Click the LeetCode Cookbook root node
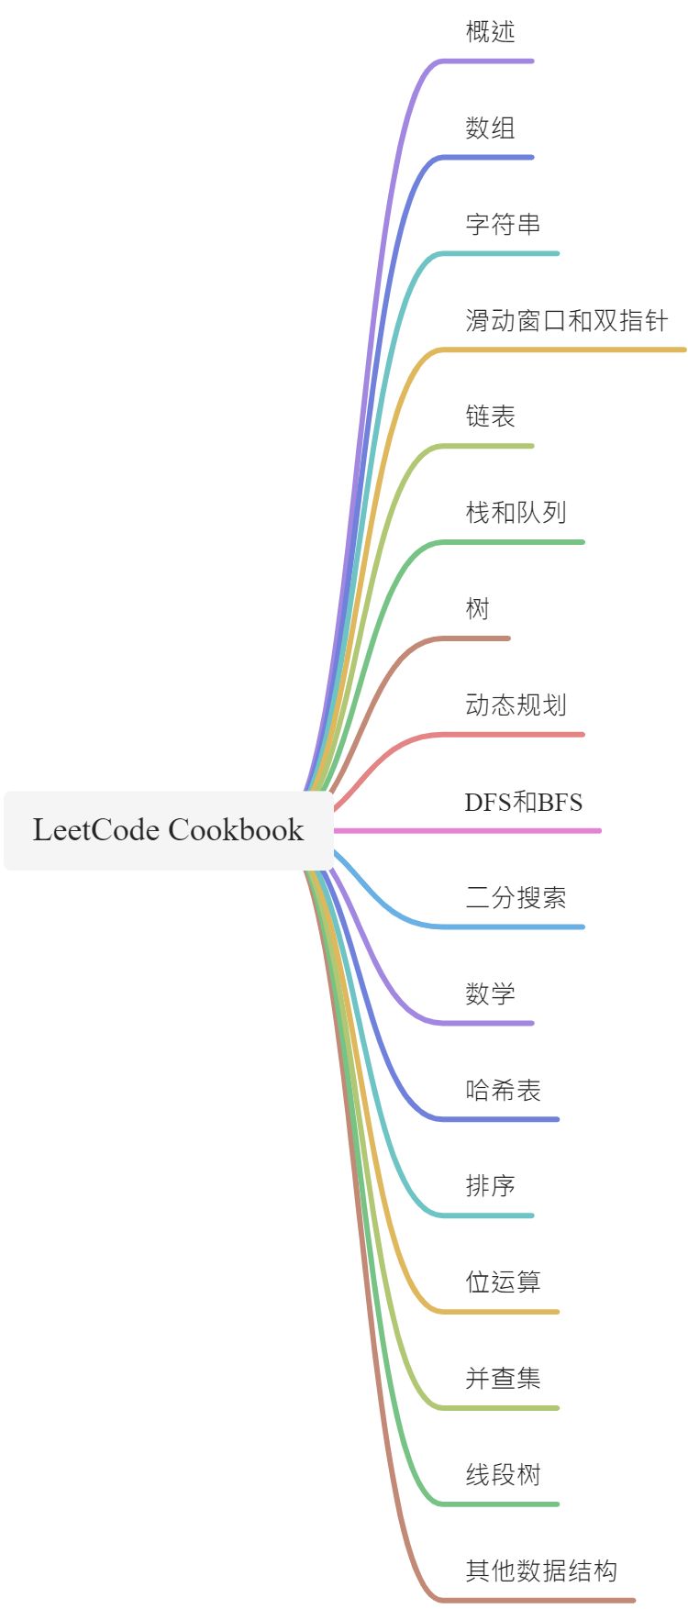coord(168,830)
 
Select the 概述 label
coord(490,32)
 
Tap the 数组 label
coord(490,128)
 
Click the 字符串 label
coord(503,225)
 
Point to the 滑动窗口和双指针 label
coord(566,321)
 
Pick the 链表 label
coord(490,416)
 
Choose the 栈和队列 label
coord(516,513)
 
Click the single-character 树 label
coord(477,609)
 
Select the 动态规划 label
coord(516,705)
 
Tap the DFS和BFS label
coord(523,802)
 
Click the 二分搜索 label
coord(516,898)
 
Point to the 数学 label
coord(490,994)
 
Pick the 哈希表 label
coord(503,1091)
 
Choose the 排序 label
coord(490,1186)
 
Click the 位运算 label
coord(503,1282)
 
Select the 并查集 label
coord(503,1379)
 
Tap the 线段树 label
coord(503,1475)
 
